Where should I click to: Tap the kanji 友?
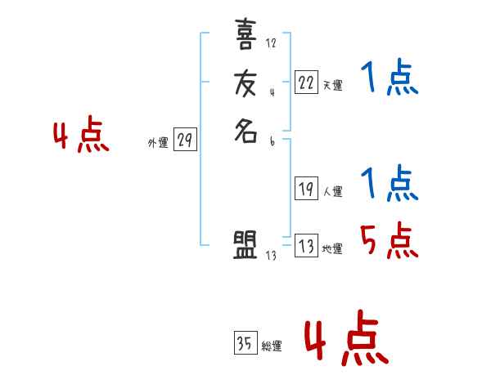click(x=245, y=84)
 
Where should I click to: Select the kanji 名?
click(x=245, y=131)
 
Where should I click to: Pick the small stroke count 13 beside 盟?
click(x=271, y=256)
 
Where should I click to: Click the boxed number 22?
click(x=306, y=82)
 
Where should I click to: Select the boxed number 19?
click(x=306, y=189)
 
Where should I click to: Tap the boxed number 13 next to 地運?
click(x=306, y=246)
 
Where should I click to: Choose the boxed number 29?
click(x=185, y=141)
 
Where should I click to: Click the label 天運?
click(x=332, y=85)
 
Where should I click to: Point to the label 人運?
click(x=332, y=192)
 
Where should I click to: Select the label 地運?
click(x=332, y=249)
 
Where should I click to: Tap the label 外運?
click(x=158, y=143)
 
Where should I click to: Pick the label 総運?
click(x=272, y=346)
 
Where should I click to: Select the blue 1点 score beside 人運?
click(x=390, y=184)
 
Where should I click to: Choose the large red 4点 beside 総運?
click(x=345, y=342)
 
